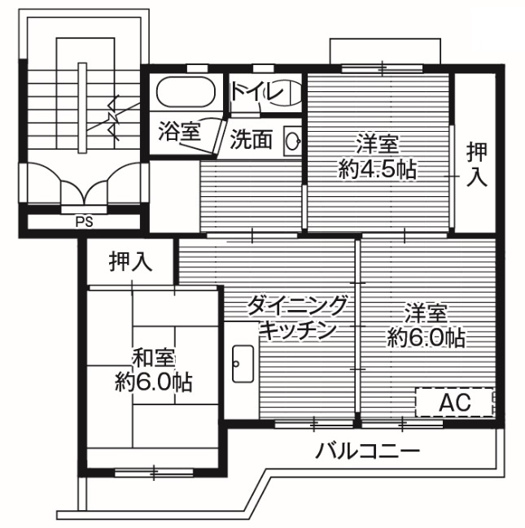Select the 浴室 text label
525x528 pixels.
click(x=179, y=133)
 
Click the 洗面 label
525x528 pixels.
click(x=251, y=139)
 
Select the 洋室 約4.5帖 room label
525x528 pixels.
click(x=377, y=156)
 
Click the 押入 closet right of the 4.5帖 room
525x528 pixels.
click(x=477, y=163)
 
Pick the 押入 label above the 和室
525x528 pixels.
click(x=131, y=262)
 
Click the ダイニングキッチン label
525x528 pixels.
click(x=298, y=318)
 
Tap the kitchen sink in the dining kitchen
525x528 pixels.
click(x=243, y=363)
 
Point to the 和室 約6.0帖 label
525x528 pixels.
click(x=153, y=370)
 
